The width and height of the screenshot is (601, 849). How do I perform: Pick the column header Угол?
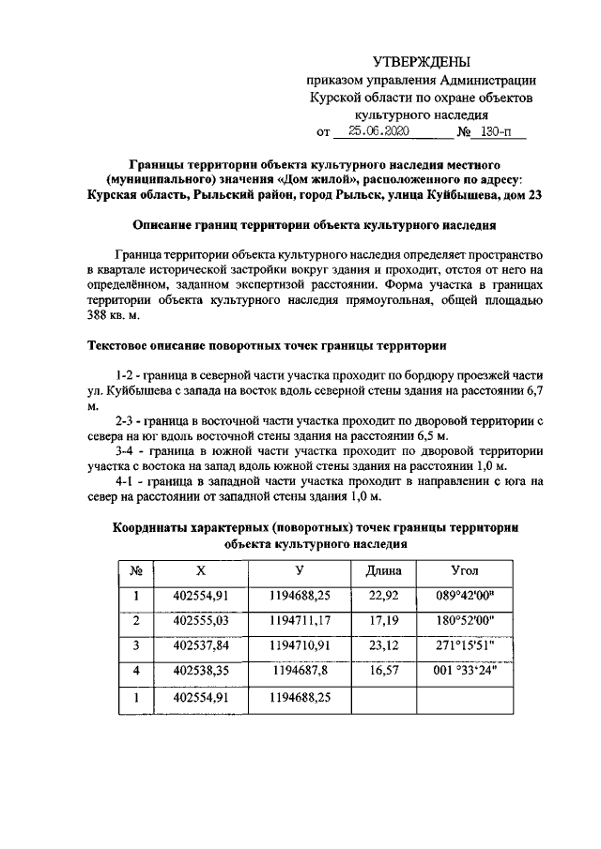pyautogui.click(x=464, y=571)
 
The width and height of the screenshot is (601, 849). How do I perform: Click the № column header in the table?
pyautogui.click(x=136, y=571)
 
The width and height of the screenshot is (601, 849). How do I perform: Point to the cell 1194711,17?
pyautogui.click(x=298, y=621)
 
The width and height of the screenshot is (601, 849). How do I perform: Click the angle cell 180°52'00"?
pyautogui.click(x=464, y=621)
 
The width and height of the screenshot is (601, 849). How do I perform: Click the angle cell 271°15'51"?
pyautogui.click(x=464, y=646)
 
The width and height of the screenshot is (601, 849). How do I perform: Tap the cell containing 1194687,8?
pyautogui.click(x=298, y=672)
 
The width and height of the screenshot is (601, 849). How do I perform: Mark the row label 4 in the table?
pyautogui.click(x=136, y=672)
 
